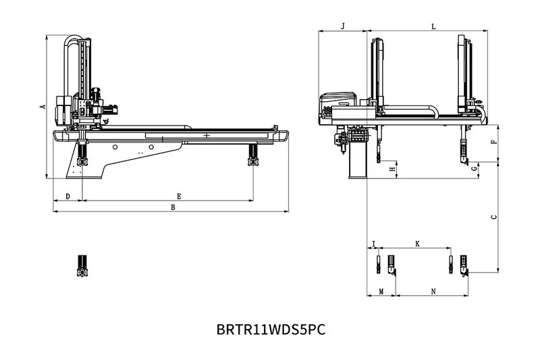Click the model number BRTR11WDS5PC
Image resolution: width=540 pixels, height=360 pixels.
pyautogui.click(x=271, y=330)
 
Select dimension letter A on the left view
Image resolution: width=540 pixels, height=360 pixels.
pyautogui.click(x=42, y=106)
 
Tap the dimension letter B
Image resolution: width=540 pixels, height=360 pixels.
pyautogui.click(x=173, y=207)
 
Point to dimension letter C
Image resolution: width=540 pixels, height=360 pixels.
pyautogui.click(x=493, y=217)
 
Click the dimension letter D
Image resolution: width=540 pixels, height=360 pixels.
pyautogui.click(x=67, y=196)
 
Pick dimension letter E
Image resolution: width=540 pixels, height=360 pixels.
pyautogui.click(x=178, y=196)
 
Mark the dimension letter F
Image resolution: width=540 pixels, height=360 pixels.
pyautogui.click(x=493, y=142)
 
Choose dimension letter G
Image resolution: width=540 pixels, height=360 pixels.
pyautogui.click(x=475, y=166)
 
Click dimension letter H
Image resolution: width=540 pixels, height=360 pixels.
pyautogui.click(x=392, y=169)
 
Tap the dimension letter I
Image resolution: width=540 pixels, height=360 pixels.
pyautogui.click(x=373, y=242)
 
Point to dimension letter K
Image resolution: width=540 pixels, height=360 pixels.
pyautogui.click(x=416, y=242)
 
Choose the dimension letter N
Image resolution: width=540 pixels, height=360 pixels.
pyautogui.click(x=433, y=291)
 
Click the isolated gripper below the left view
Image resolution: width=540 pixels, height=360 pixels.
pyautogui.click(x=83, y=265)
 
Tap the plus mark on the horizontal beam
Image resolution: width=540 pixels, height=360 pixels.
pyautogui.click(x=206, y=136)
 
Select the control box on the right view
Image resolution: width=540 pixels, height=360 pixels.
pyautogui.click(x=335, y=105)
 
